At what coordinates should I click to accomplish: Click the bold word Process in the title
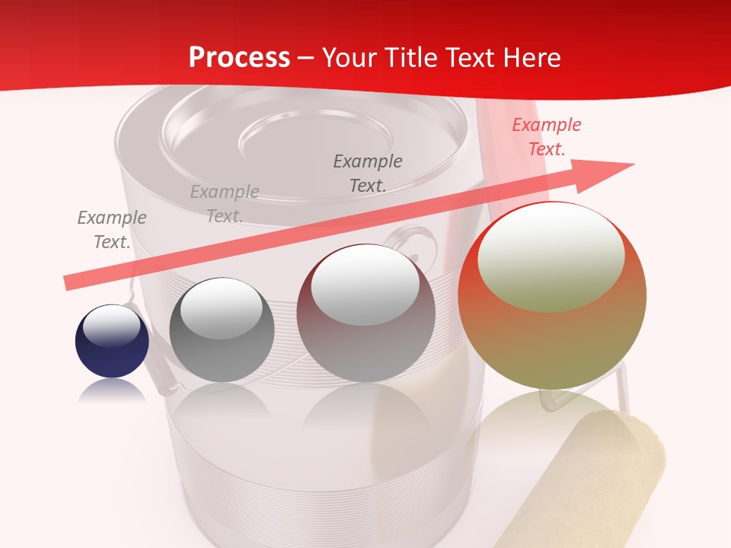[x=239, y=58]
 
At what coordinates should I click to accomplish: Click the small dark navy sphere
[x=112, y=342]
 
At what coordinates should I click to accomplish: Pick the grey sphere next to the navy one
[x=222, y=330]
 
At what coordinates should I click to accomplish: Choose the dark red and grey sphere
[x=366, y=313]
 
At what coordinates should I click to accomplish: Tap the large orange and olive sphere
[x=552, y=295]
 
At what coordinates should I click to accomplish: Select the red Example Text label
[x=547, y=137]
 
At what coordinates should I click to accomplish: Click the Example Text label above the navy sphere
[x=112, y=230]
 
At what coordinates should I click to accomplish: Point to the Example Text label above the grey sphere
[x=225, y=204]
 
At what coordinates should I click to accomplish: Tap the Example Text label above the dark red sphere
[x=368, y=173]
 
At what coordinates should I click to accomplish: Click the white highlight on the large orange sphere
[x=551, y=258]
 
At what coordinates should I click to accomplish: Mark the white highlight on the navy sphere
[x=111, y=326]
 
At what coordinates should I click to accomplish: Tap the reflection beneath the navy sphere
[x=112, y=390]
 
